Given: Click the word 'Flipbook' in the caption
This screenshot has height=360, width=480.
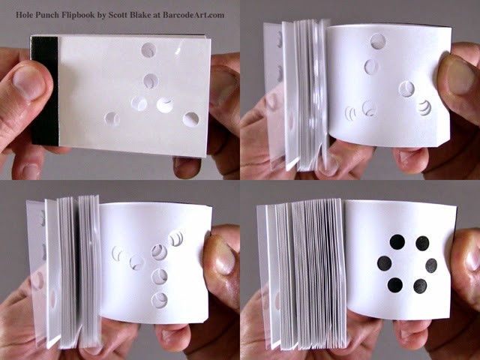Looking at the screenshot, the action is coord(78,15).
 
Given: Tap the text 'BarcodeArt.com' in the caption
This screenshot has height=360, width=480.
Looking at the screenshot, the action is coord(193,15).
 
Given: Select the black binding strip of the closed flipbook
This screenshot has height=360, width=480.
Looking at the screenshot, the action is coord(45,91).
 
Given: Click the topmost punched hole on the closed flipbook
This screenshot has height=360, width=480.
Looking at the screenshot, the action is coord(148,50).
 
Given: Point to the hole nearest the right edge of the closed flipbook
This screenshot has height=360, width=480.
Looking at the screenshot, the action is coord(191,119).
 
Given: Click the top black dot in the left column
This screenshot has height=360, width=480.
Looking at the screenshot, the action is coord(397,241).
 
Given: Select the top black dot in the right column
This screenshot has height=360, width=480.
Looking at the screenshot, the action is coord(422,243).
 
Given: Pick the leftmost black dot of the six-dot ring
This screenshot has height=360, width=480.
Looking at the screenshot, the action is coord(384,263).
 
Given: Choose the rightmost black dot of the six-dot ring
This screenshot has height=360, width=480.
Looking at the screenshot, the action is coord(431,265).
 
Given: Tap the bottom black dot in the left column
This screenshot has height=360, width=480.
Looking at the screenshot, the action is coord(395,285).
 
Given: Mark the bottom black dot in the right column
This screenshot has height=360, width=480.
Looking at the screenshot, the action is coord(420,286).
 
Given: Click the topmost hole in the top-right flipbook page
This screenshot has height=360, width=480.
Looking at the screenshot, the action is coord(378,41).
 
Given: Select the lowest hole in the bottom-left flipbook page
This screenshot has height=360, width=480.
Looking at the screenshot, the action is coord(160,300).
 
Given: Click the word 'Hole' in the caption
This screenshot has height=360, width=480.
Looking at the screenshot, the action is coord(23,15).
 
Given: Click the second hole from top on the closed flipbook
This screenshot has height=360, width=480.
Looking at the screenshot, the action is coord(151,81).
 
